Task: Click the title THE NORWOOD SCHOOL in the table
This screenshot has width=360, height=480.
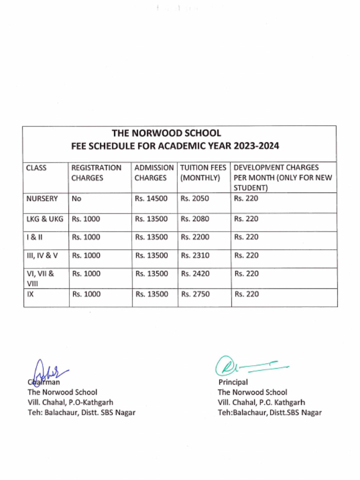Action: click(x=166, y=134)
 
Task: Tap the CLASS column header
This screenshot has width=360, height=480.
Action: click(x=36, y=168)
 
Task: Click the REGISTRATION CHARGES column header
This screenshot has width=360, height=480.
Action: click(x=96, y=172)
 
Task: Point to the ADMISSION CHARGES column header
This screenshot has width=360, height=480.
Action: click(x=154, y=172)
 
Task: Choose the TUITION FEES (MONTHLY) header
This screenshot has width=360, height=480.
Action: click(x=203, y=172)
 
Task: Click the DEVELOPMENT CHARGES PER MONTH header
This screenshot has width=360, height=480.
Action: click(x=283, y=178)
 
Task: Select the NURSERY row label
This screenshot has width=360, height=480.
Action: click(x=42, y=199)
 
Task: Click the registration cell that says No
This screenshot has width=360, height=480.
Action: click(x=76, y=199)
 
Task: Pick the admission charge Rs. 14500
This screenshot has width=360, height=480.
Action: click(x=151, y=199)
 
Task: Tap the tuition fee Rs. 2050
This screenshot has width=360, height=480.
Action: click(x=195, y=199)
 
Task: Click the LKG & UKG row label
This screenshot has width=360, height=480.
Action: click(x=45, y=219)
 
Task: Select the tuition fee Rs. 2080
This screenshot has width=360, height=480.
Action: click(x=195, y=219)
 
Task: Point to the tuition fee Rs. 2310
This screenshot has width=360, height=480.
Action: click(x=195, y=255)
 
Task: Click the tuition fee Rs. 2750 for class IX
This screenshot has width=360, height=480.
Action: click(x=195, y=294)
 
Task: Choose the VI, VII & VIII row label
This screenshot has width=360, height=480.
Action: click(x=40, y=278)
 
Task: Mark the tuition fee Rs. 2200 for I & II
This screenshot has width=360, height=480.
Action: click(x=195, y=237)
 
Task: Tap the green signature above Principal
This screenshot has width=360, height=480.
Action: click(x=248, y=366)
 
